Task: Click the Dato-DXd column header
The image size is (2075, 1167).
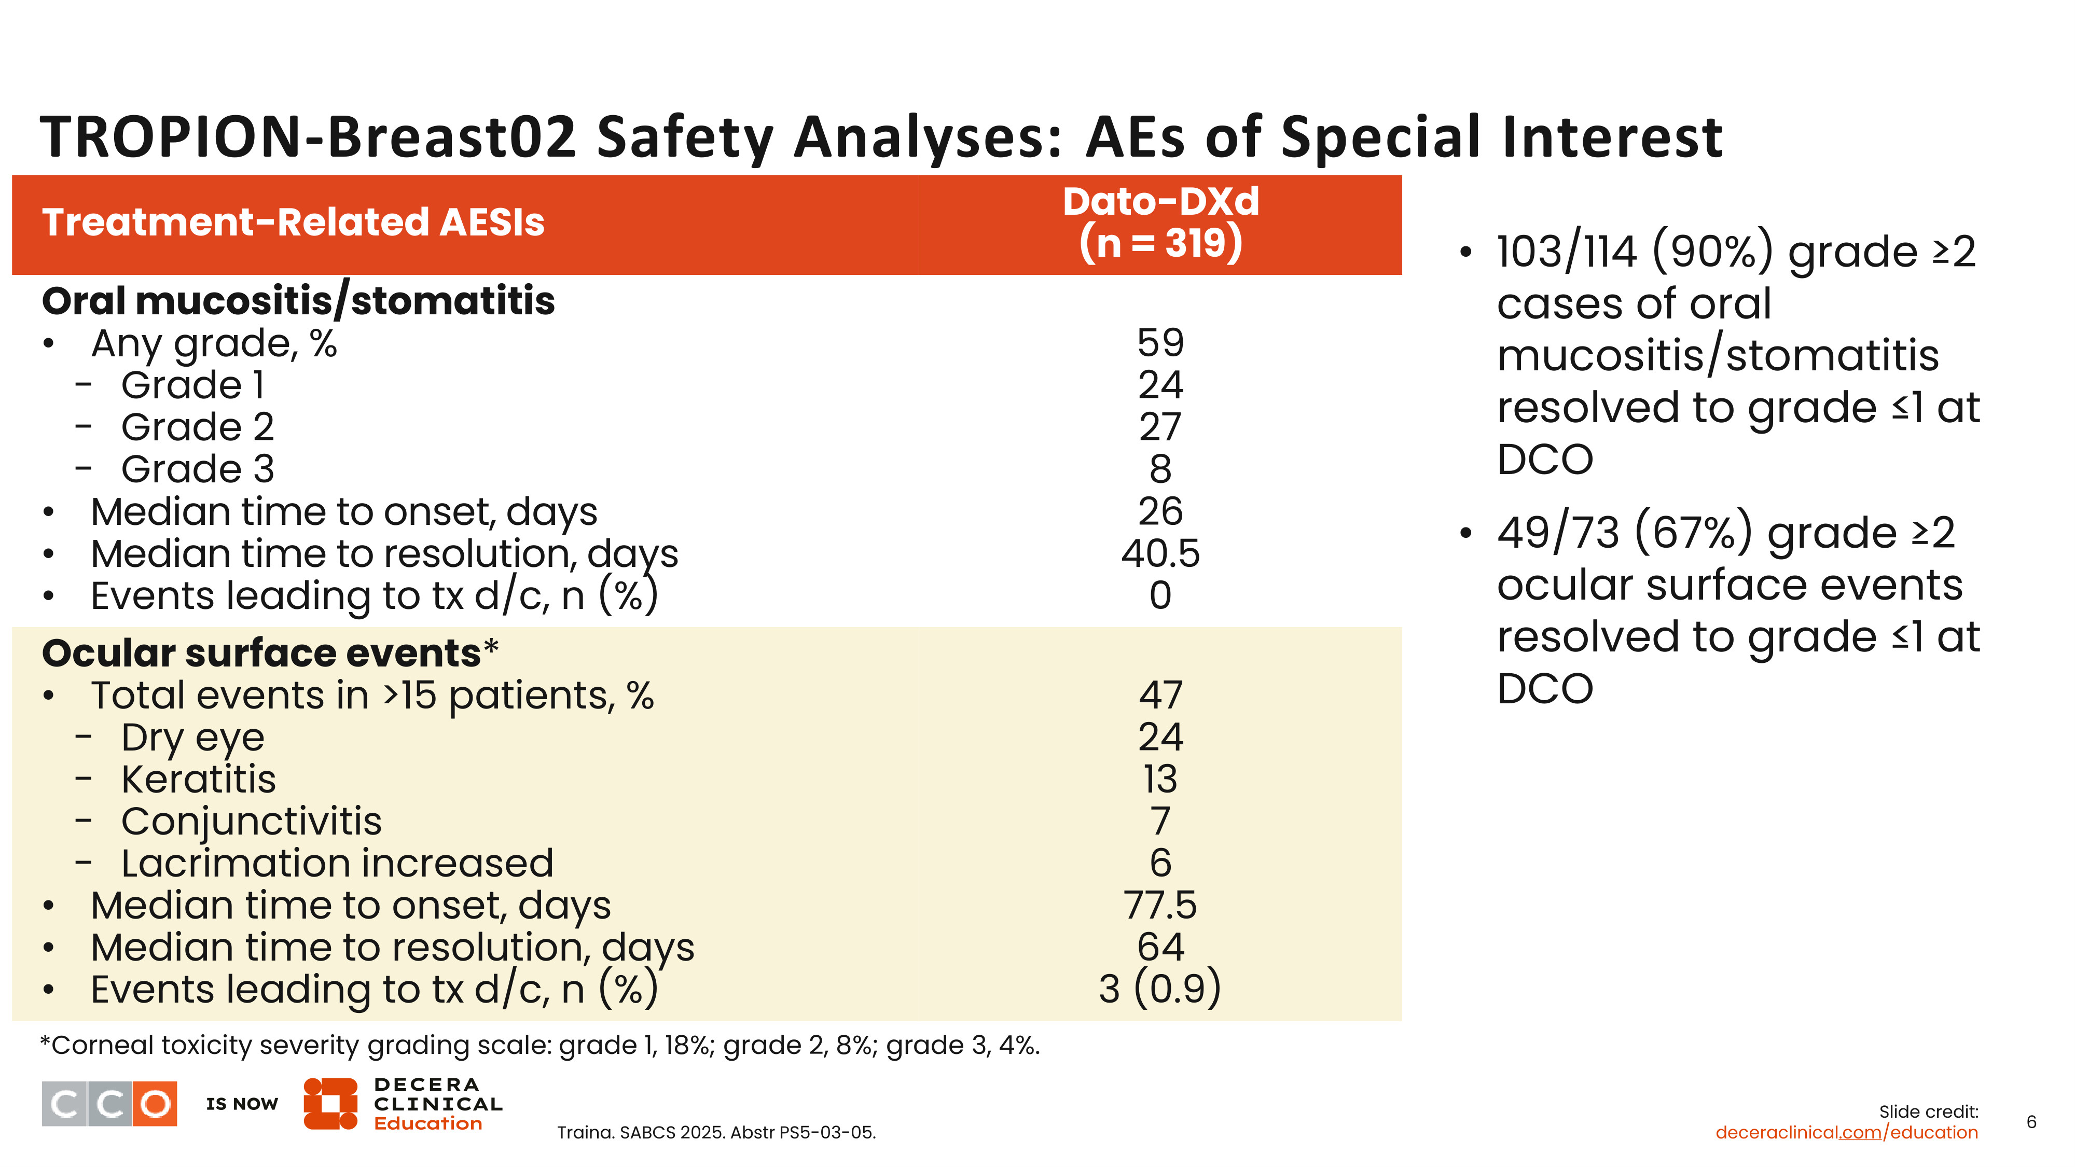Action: tap(1160, 223)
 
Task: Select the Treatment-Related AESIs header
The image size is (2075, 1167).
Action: tap(293, 223)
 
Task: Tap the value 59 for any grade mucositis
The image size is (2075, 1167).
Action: tap(1160, 343)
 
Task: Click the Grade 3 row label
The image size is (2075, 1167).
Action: tap(197, 469)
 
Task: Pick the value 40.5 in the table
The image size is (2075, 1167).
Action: tap(1160, 554)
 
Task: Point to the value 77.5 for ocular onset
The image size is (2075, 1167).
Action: tap(1160, 905)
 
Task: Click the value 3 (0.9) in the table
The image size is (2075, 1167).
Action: tap(1160, 989)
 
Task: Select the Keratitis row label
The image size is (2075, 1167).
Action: tap(198, 780)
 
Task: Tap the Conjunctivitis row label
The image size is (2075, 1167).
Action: tap(251, 822)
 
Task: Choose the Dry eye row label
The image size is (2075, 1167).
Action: tap(192, 738)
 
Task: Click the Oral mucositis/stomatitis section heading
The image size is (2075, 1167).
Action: tap(298, 301)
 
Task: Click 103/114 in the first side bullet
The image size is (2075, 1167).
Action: tap(1567, 252)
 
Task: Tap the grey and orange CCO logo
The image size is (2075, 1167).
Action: tap(109, 1103)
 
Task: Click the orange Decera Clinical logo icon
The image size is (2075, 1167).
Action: tap(330, 1103)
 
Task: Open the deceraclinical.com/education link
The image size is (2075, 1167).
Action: tap(1846, 1132)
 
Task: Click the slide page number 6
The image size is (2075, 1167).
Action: tap(2031, 1122)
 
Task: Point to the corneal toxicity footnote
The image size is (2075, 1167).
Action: tap(539, 1046)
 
